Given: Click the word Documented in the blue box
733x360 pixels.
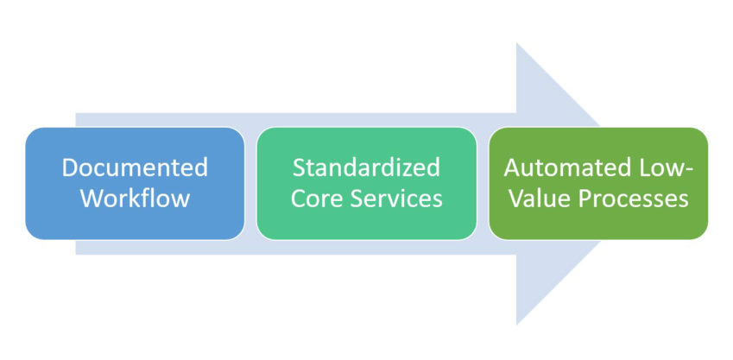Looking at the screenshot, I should click(135, 167).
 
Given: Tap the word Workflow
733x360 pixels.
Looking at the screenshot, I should click(135, 198).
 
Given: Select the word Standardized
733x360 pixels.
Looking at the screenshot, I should click(366, 167).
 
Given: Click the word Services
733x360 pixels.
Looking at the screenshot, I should click(394, 198).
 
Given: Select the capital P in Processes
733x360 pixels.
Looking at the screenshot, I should click(586, 198).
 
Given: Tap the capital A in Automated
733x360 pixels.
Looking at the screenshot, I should click(512, 167).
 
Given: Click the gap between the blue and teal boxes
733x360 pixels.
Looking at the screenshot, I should click(250, 183).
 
